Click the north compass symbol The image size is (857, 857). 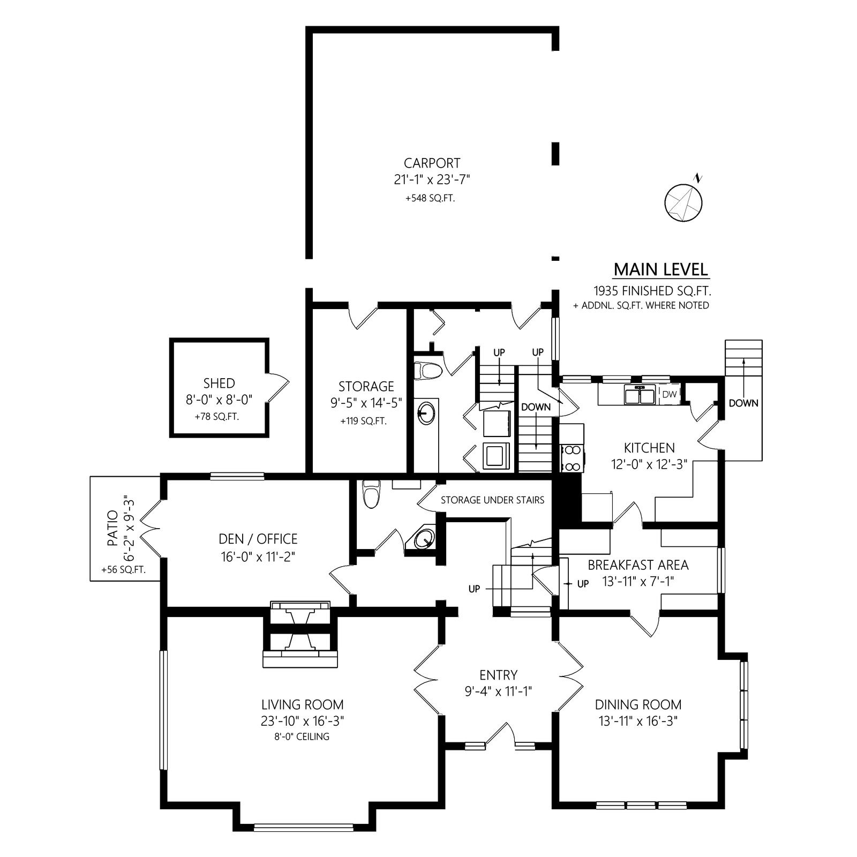click(683, 202)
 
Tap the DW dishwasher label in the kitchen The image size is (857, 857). click(670, 394)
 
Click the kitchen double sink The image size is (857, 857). click(640, 395)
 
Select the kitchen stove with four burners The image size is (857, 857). click(572, 458)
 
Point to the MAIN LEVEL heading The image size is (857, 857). click(661, 269)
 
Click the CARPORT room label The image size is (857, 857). click(432, 163)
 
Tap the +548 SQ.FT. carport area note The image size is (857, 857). click(430, 198)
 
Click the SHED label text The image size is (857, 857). click(219, 384)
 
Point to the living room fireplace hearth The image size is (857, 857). click(300, 658)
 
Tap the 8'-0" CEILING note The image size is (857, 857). click(302, 736)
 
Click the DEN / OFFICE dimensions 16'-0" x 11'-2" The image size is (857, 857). click(258, 557)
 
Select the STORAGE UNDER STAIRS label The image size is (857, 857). click(492, 500)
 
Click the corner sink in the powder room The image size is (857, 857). click(425, 538)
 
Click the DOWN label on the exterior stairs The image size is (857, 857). click(743, 403)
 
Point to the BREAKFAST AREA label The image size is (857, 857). click(638, 565)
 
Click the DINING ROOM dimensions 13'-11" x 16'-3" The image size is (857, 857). click(638, 721)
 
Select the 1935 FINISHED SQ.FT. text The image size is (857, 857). click(652, 291)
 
